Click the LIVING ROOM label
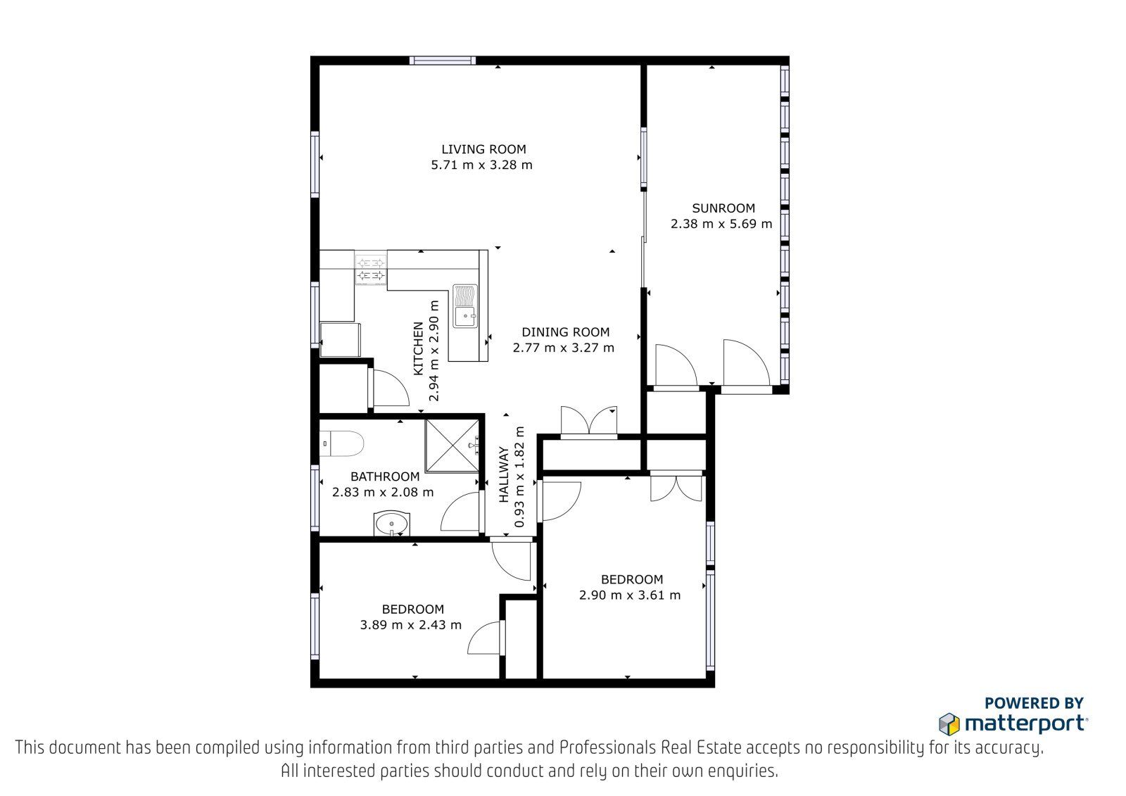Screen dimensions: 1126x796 coord(483,149)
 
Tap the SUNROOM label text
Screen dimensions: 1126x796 coord(723,208)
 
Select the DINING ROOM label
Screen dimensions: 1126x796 coord(565,332)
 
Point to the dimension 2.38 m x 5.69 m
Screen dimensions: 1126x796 coord(721,224)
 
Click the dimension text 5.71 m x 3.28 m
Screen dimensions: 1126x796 coord(481,165)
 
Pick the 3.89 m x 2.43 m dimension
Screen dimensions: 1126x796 coord(410,625)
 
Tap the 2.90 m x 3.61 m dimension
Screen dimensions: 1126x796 coord(629,595)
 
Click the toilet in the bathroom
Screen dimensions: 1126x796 coord(341,443)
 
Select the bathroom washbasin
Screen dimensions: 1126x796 coord(391,524)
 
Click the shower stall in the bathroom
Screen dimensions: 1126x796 coord(453,446)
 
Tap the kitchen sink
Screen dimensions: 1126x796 coord(465,306)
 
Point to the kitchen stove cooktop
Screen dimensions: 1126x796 coord(370,269)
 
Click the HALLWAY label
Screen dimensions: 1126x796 coord(504,474)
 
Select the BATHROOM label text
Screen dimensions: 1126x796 coord(384,476)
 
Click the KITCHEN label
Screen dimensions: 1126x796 coord(418,348)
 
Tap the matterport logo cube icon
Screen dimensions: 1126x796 coord(949,724)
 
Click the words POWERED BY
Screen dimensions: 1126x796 coord(1034,703)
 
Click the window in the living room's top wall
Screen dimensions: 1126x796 coord(443,61)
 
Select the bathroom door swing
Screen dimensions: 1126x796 coord(460,512)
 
